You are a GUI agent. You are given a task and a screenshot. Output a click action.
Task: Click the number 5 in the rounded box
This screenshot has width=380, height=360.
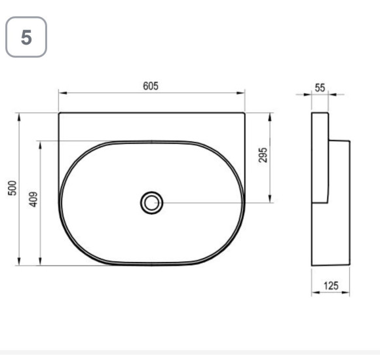pos(26,37)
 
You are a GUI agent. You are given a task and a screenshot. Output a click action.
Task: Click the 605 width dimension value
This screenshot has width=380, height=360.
pos(151,86)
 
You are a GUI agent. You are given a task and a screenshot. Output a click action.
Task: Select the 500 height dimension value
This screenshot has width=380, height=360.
pos(12,188)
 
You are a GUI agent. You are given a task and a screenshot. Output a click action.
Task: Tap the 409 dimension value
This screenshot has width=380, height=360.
pos(33,200)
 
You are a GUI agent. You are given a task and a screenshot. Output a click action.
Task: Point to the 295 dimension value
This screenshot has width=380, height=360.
pos(263,155)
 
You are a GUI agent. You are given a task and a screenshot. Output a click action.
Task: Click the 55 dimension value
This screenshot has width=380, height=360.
pos(320,88)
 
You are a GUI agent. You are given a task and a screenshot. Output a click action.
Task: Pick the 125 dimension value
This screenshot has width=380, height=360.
pos(331,285)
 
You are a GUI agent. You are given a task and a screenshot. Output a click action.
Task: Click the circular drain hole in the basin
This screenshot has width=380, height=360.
pos(151,203)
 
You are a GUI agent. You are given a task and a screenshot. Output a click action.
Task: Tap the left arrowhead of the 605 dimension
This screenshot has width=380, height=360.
pos(62,93)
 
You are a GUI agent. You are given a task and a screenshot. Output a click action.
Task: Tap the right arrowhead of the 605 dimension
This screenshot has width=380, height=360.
pos(240,93)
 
